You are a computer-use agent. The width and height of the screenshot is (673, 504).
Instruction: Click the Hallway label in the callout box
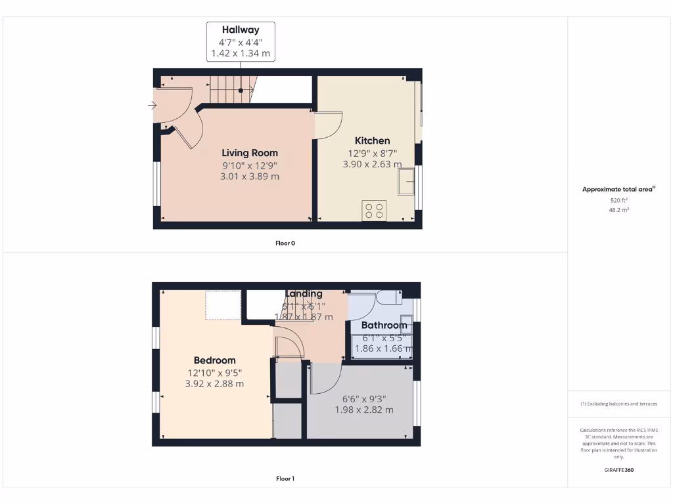click(x=241, y=30)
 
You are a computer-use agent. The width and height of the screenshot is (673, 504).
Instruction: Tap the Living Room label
click(x=250, y=153)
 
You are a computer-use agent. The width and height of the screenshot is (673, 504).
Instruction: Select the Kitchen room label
click(x=372, y=140)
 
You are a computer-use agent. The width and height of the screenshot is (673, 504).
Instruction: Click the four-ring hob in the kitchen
click(x=374, y=211)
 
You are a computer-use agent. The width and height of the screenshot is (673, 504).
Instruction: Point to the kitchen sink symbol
click(x=406, y=181)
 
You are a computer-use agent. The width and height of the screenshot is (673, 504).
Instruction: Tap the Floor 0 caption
click(x=285, y=243)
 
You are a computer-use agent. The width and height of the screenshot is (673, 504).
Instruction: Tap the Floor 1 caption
click(x=285, y=478)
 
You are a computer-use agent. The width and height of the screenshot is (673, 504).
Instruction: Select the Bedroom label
click(x=214, y=360)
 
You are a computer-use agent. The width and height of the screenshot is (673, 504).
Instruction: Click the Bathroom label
click(x=384, y=325)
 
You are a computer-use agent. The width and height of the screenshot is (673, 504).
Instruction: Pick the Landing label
click(x=304, y=293)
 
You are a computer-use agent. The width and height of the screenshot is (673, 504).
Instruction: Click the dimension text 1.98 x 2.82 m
click(x=363, y=409)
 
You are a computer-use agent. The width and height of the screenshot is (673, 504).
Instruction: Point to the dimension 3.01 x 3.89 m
click(x=250, y=177)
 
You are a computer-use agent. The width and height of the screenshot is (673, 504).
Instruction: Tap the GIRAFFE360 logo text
click(x=618, y=470)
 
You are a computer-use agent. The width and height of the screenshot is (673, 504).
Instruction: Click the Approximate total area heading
click(x=618, y=189)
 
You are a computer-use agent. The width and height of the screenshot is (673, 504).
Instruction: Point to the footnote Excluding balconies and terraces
click(x=618, y=404)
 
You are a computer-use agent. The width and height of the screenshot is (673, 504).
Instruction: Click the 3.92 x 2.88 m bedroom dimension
click(x=214, y=384)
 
